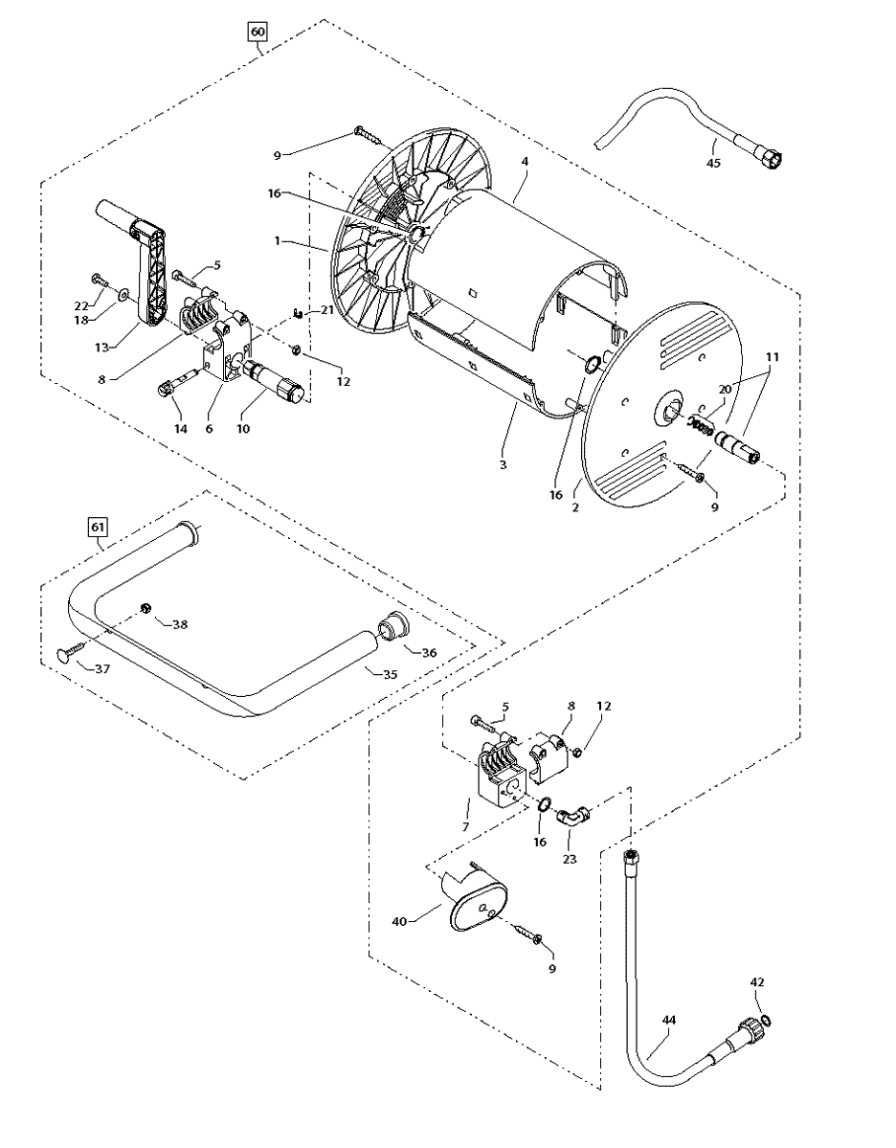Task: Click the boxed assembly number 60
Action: (258, 33)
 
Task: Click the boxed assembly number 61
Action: (97, 526)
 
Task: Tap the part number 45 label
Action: (713, 163)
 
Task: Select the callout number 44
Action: (668, 1021)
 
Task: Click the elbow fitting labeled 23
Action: (573, 815)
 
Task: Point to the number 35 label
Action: (389, 674)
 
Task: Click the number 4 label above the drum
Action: (525, 163)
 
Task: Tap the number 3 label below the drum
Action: (503, 464)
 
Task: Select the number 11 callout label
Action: (772, 357)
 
